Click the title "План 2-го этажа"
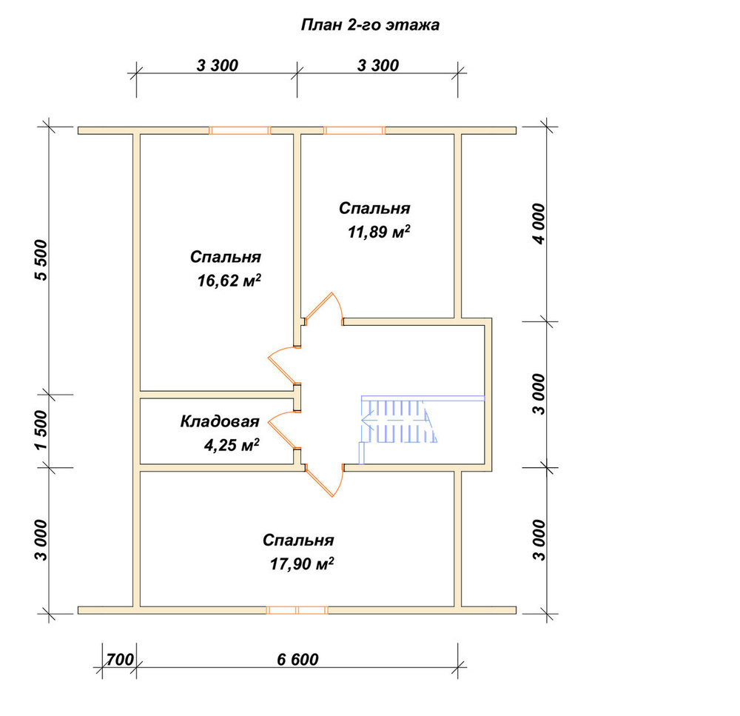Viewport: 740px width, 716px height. click(370, 25)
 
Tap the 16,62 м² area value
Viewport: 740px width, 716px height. click(229, 281)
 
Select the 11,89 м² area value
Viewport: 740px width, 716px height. click(379, 232)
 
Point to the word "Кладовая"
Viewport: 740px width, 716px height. click(220, 421)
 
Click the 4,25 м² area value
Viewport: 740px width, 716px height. click(232, 445)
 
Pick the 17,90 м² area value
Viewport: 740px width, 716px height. click(302, 563)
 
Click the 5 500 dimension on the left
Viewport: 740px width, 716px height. click(41, 260)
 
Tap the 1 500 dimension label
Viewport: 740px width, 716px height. click(41, 429)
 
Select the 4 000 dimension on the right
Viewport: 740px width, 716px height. click(539, 224)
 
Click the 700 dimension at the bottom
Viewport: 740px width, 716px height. click(120, 659)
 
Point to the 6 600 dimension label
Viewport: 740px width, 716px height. click(297, 659)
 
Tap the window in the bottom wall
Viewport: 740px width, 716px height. click(297, 610)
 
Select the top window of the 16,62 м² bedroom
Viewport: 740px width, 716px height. click(240, 130)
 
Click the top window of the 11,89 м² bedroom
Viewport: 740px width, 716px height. click(354, 130)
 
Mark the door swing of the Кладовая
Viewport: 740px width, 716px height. click(283, 429)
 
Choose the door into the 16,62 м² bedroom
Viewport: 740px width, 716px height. click(283, 366)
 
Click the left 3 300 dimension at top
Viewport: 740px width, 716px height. click(217, 65)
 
